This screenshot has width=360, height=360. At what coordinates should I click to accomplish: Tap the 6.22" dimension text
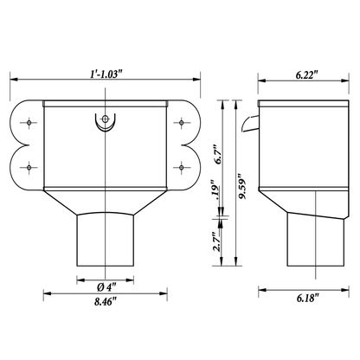click(306, 75)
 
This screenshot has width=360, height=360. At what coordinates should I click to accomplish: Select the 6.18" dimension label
click(308, 298)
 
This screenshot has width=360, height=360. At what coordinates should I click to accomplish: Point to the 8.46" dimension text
click(106, 301)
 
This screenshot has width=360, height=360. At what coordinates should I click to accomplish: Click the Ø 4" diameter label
click(106, 287)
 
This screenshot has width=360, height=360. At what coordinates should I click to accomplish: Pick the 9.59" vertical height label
click(242, 186)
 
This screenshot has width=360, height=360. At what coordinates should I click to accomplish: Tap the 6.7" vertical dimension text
click(218, 156)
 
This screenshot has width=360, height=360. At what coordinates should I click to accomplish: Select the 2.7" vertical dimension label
click(217, 241)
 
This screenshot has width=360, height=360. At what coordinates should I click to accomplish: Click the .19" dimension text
click(215, 190)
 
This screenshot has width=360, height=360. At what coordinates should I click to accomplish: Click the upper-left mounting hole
click(29, 123)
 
